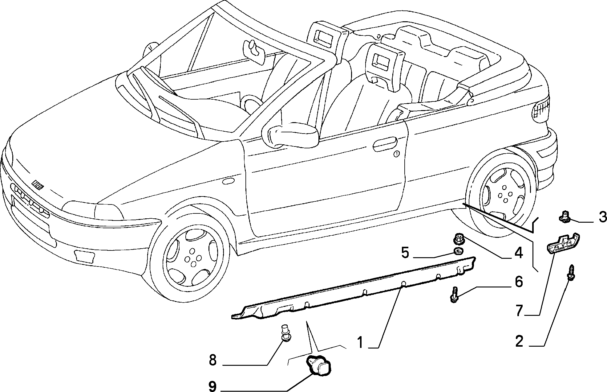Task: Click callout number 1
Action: pyautogui.click(x=361, y=342)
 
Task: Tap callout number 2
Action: pyautogui.click(x=519, y=341)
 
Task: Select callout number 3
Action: pyautogui.click(x=602, y=217)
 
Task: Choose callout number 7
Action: pyautogui.click(x=519, y=311)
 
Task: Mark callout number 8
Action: pyautogui.click(x=212, y=360)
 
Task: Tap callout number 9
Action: pyautogui.click(x=212, y=386)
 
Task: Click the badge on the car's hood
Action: pyautogui.click(x=38, y=185)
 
